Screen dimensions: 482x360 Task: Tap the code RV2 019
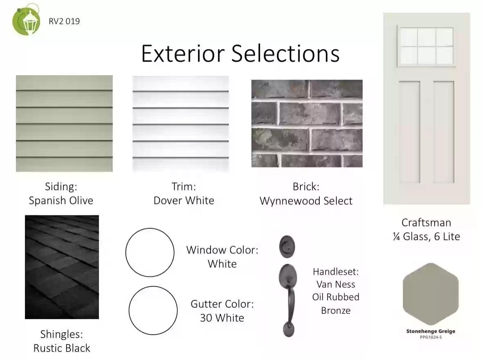(64, 21)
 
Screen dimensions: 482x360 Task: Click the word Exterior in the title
(183, 54)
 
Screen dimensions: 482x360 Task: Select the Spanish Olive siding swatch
(64, 123)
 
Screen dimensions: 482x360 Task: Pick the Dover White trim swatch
(181, 123)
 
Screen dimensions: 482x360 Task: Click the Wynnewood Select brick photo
(307, 123)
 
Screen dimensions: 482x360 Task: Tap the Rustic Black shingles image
(62, 267)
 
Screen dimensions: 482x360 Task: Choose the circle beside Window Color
(150, 253)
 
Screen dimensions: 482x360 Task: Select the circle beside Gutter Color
(153, 311)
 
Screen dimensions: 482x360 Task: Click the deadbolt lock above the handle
(287, 247)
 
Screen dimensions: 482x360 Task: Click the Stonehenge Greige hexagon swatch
(430, 294)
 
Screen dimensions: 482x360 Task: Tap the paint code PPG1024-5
(430, 337)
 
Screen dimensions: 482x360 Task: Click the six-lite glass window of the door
(426, 46)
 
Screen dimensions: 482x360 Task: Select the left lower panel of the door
(410, 132)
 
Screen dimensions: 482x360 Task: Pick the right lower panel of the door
(444, 132)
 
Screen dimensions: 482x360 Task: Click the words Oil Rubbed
(336, 297)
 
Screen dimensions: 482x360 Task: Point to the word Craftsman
(426, 222)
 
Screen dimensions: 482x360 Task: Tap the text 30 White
(222, 318)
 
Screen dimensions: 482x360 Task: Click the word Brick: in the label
(306, 186)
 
